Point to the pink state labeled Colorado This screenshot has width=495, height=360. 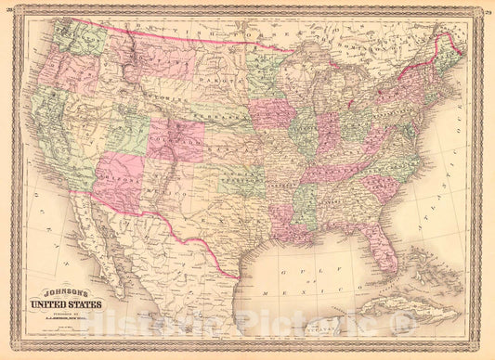tap(176, 139)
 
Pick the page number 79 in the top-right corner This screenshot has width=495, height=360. tap(487, 11)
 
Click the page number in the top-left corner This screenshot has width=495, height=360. tap(7, 11)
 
